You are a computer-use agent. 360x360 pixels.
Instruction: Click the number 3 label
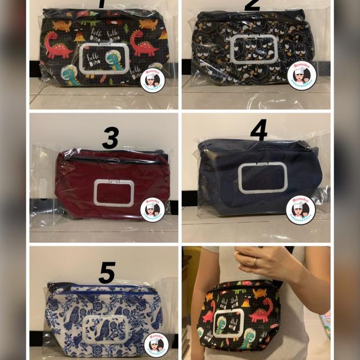click(110, 138)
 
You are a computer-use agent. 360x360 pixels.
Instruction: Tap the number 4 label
click(259, 130)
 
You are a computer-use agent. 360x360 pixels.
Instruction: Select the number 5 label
click(107, 273)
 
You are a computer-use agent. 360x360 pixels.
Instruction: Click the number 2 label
click(252, 5)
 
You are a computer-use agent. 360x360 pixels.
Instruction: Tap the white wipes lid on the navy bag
click(262, 177)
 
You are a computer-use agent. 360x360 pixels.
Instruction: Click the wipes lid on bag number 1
click(104, 58)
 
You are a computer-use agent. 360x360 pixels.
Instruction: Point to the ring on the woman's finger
click(255, 262)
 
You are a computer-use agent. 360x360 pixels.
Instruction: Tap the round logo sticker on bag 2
click(302, 76)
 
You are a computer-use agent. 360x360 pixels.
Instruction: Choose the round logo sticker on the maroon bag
click(153, 209)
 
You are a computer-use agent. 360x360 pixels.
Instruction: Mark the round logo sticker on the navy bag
click(301, 209)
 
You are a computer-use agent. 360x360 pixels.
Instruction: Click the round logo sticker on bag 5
click(156, 344)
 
